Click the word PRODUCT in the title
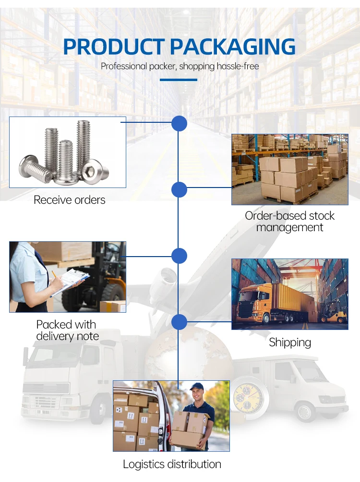coord(114,47)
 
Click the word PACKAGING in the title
coord(233,47)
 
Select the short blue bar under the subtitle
coord(179,80)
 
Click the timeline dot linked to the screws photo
coord(179,124)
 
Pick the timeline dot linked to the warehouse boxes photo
coord(179,190)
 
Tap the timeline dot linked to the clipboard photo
coord(179,255)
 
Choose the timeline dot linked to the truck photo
coord(179,322)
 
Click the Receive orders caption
coord(69,200)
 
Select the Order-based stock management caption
coord(289,221)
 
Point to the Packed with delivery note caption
coord(67,330)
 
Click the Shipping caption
coord(290,342)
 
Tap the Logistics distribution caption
coord(172,464)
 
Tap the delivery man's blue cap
coord(197,386)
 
